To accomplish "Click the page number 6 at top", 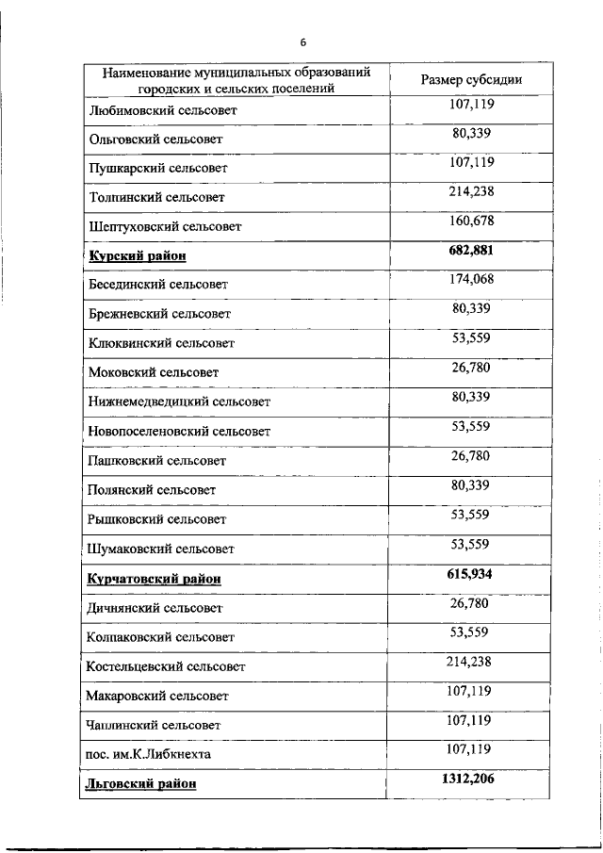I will click(x=303, y=42).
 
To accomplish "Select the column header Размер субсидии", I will click(x=471, y=79).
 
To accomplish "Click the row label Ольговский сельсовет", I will click(x=155, y=139).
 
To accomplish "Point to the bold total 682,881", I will click(x=471, y=251).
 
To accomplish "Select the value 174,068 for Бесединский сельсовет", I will click(x=472, y=279).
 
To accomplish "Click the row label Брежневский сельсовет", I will click(x=159, y=313).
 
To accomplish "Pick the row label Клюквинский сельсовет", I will click(x=160, y=343).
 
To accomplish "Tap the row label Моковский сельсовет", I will click(x=153, y=372).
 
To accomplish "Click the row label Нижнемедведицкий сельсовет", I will click(x=179, y=402).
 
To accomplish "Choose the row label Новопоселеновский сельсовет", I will click(x=179, y=431).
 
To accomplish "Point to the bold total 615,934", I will click(x=471, y=573).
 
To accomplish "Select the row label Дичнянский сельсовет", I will click(x=155, y=608).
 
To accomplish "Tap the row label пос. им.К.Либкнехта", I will click(x=148, y=754).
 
